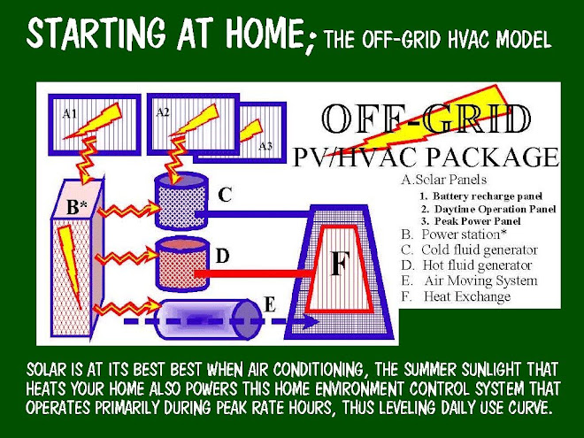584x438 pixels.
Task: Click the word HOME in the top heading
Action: pyautogui.click(x=250, y=37)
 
